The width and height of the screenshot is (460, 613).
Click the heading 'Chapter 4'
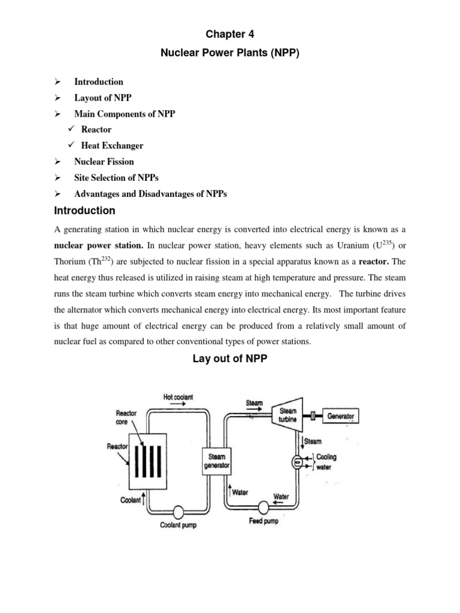pos(230,34)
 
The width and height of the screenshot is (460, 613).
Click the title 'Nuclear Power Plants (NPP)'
pos(230,53)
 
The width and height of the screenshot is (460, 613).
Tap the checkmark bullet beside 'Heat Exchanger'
pos(71,145)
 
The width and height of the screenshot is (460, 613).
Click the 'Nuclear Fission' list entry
pos(104,162)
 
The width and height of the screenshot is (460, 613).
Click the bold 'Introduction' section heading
pos(84,211)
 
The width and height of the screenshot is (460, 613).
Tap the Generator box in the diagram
pos(340,415)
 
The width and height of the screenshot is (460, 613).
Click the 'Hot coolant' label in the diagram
pos(178,397)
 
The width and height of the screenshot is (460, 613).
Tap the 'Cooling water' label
pos(326,461)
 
